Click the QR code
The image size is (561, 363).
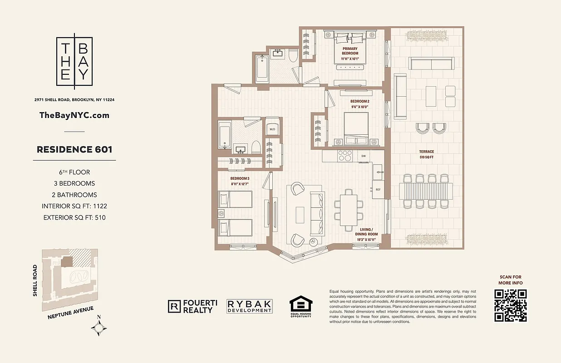pyautogui.click(x=511, y=305)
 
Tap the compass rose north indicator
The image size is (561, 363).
pyautogui.click(x=99, y=327)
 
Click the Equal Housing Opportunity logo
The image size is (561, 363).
pyautogui.click(x=300, y=306)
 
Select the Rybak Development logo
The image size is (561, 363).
pyautogui.click(x=250, y=306)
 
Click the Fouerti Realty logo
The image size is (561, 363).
pyautogui.click(x=190, y=307)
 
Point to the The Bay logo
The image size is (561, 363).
pyautogui.click(x=74, y=61)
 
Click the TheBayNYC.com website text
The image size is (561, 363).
pyautogui.click(x=74, y=115)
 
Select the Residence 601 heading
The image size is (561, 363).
pyautogui.click(x=74, y=149)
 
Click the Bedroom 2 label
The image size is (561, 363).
pyautogui.click(x=359, y=104)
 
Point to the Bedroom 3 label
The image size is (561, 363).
pyautogui.click(x=240, y=181)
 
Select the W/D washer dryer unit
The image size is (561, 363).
pyautogui.click(x=272, y=129)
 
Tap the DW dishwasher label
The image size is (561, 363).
pyautogui.click(x=363, y=157)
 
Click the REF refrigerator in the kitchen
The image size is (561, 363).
pyautogui.click(x=378, y=189)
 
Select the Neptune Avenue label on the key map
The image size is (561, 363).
pyautogui.click(x=70, y=312)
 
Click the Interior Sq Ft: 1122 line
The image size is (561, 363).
pyautogui.click(x=74, y=206)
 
